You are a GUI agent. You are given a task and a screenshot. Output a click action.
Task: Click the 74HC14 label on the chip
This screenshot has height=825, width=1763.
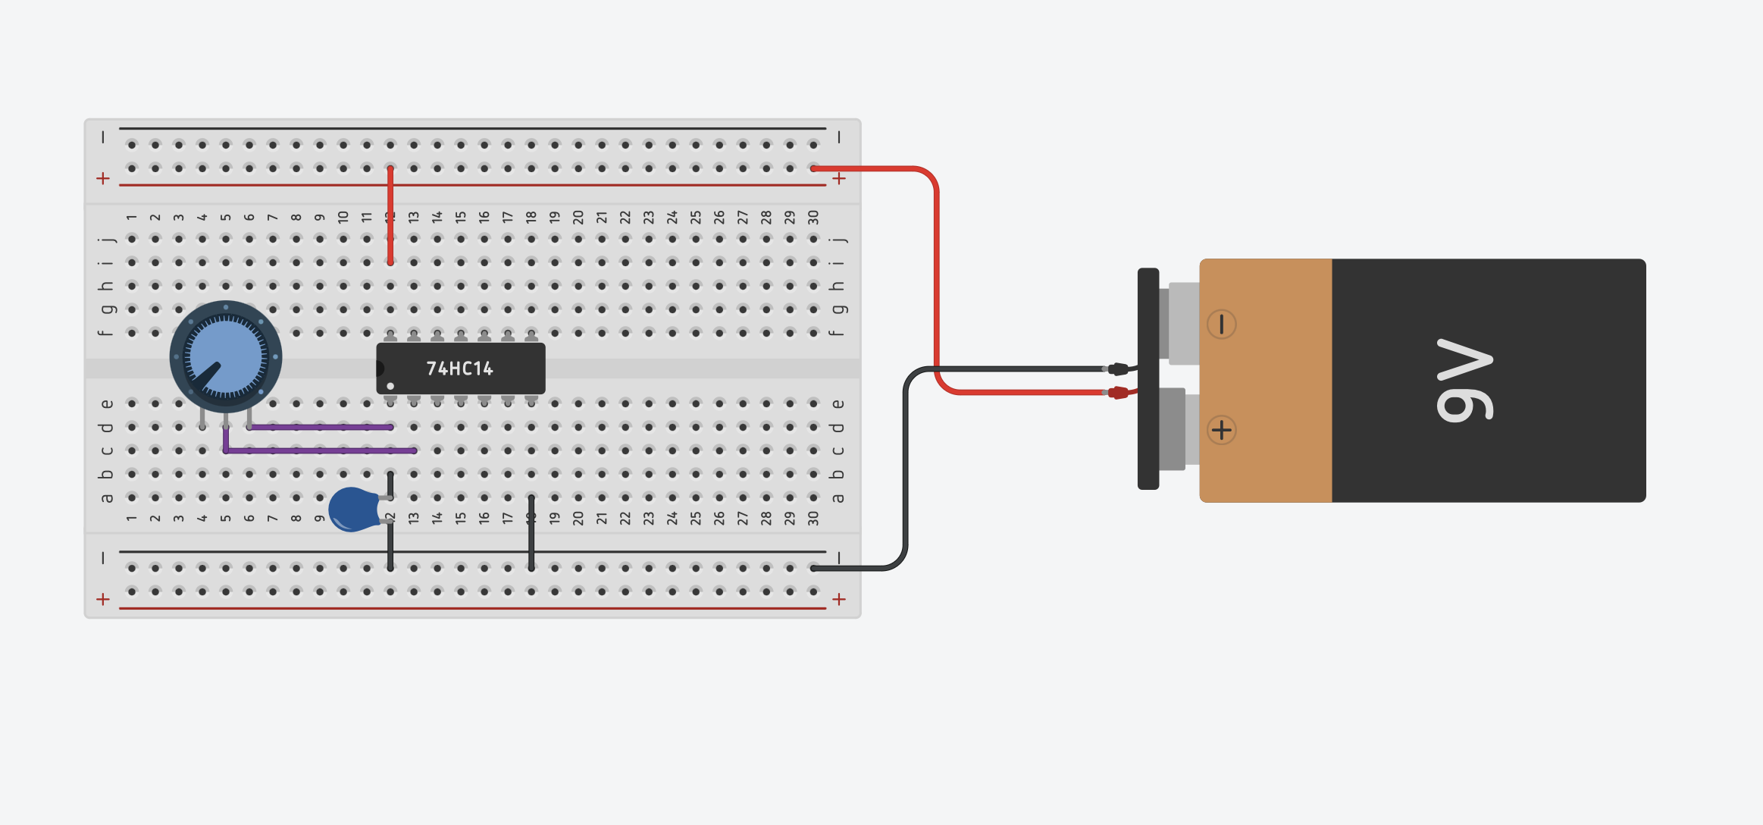[459, 369]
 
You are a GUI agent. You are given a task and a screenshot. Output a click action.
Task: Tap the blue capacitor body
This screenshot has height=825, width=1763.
[352, 509]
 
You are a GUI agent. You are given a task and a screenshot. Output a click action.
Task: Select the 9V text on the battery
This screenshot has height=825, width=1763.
[1464, 380]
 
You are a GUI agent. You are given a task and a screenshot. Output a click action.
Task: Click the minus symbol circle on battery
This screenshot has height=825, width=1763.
[1221, 325]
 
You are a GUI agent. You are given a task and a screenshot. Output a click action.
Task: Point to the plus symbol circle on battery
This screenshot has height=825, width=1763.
[1221, 430]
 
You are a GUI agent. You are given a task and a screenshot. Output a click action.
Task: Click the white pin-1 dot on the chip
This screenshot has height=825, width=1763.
[390, 386]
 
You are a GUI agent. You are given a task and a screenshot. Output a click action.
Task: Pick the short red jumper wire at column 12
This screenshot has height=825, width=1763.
[390, 216]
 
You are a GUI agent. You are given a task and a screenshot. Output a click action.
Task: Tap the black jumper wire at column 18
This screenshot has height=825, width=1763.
[531, 532]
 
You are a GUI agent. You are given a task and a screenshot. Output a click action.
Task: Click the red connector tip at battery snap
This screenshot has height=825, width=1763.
[1118, 392]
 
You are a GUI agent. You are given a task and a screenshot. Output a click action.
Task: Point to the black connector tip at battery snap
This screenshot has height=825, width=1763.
[1118, 369]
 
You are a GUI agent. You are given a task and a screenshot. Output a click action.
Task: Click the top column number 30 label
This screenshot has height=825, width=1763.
[813, 217]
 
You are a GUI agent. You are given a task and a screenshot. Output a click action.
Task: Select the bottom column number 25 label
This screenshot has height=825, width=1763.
[696, 518]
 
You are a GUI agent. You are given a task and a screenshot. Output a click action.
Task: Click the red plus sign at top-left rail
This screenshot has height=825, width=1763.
[103, 178]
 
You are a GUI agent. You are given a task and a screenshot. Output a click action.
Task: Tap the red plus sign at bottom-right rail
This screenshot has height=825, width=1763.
[839, 599]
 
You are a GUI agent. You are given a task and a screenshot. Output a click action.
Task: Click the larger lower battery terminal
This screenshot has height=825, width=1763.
[1173, 428]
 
